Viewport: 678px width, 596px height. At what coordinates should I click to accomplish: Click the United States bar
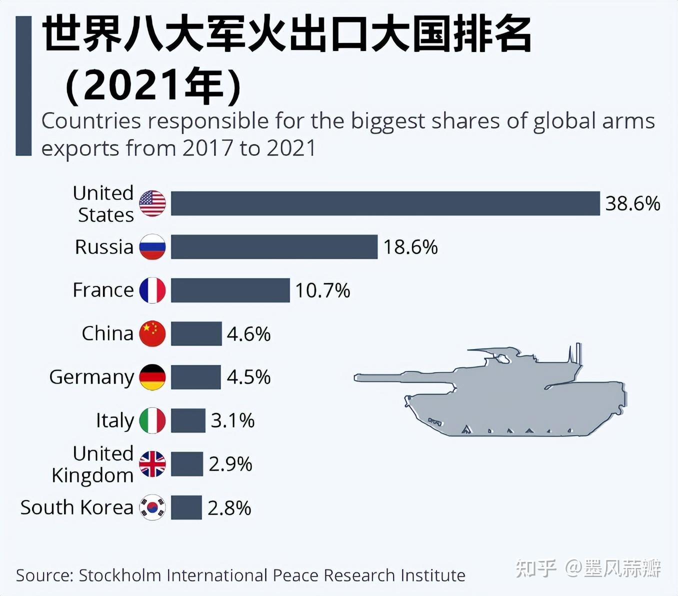point(385,203)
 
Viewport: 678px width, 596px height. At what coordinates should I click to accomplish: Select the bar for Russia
point(274,246)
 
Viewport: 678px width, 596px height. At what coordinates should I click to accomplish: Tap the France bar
point(230,290)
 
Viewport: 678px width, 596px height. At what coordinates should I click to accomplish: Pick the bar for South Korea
point(186,507)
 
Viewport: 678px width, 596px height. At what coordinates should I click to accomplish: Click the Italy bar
point(188,420)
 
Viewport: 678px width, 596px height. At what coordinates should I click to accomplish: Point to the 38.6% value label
point(632,203)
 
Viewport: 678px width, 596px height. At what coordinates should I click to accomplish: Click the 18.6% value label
point(410,247)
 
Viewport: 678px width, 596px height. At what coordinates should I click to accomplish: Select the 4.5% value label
point(248,377)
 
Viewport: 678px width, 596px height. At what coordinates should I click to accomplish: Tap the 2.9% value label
point(230,464)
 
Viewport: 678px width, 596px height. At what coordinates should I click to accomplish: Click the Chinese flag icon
point(152,333)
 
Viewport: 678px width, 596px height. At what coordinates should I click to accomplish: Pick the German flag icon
point(152,377)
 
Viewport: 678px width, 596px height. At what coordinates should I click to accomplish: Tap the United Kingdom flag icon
point(152,464)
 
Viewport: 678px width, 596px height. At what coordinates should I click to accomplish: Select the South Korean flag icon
point(152,507)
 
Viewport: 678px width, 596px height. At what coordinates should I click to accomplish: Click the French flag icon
point(152,290)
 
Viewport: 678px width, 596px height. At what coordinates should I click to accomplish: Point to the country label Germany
point(91,377)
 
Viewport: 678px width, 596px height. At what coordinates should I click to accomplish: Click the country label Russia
point(104,247)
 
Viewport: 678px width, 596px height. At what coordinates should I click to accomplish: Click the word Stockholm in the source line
point(119,575)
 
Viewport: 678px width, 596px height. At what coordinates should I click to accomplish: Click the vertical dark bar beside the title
point(23,85)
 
